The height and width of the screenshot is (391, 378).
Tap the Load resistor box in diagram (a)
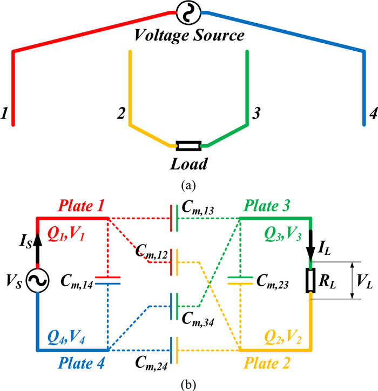coord(188,145)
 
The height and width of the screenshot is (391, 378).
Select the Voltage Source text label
coord(189,37)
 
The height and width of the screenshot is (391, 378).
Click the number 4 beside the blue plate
coord(373,114)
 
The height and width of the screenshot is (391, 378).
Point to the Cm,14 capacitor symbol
coord(108,279)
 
